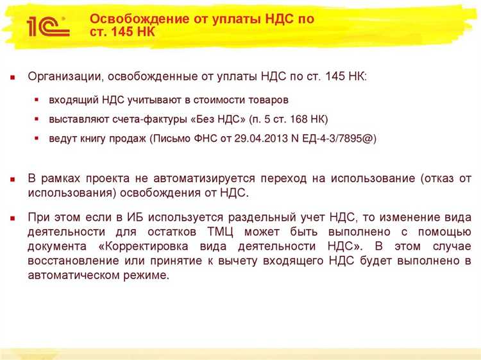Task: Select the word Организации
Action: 63,76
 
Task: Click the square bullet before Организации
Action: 12,77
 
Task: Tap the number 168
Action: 292,119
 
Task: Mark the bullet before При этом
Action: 12,218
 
